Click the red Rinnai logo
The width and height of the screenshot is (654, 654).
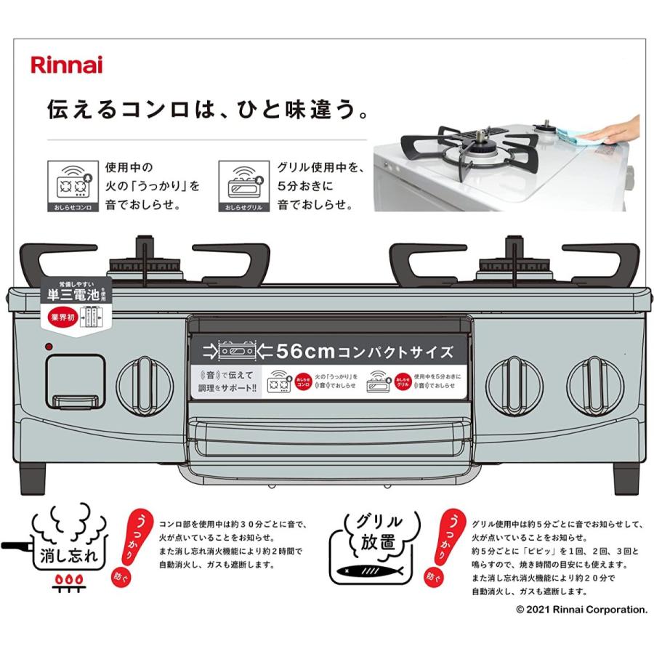[66, 65]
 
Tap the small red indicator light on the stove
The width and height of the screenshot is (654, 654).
[49, 347]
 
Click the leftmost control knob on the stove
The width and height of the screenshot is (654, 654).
[145, 385]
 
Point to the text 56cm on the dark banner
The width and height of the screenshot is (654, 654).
[304, 352]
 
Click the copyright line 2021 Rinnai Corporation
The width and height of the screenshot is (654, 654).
[581, 610]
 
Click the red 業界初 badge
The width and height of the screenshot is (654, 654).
[63, 318]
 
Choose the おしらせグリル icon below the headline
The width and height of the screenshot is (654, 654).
[243, 186]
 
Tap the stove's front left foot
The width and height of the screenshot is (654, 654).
[36, 477]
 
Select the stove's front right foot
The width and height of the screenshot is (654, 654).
[626, 477]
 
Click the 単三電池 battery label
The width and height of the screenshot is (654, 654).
[70, 296]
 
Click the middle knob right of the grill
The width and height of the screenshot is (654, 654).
[514, 385]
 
